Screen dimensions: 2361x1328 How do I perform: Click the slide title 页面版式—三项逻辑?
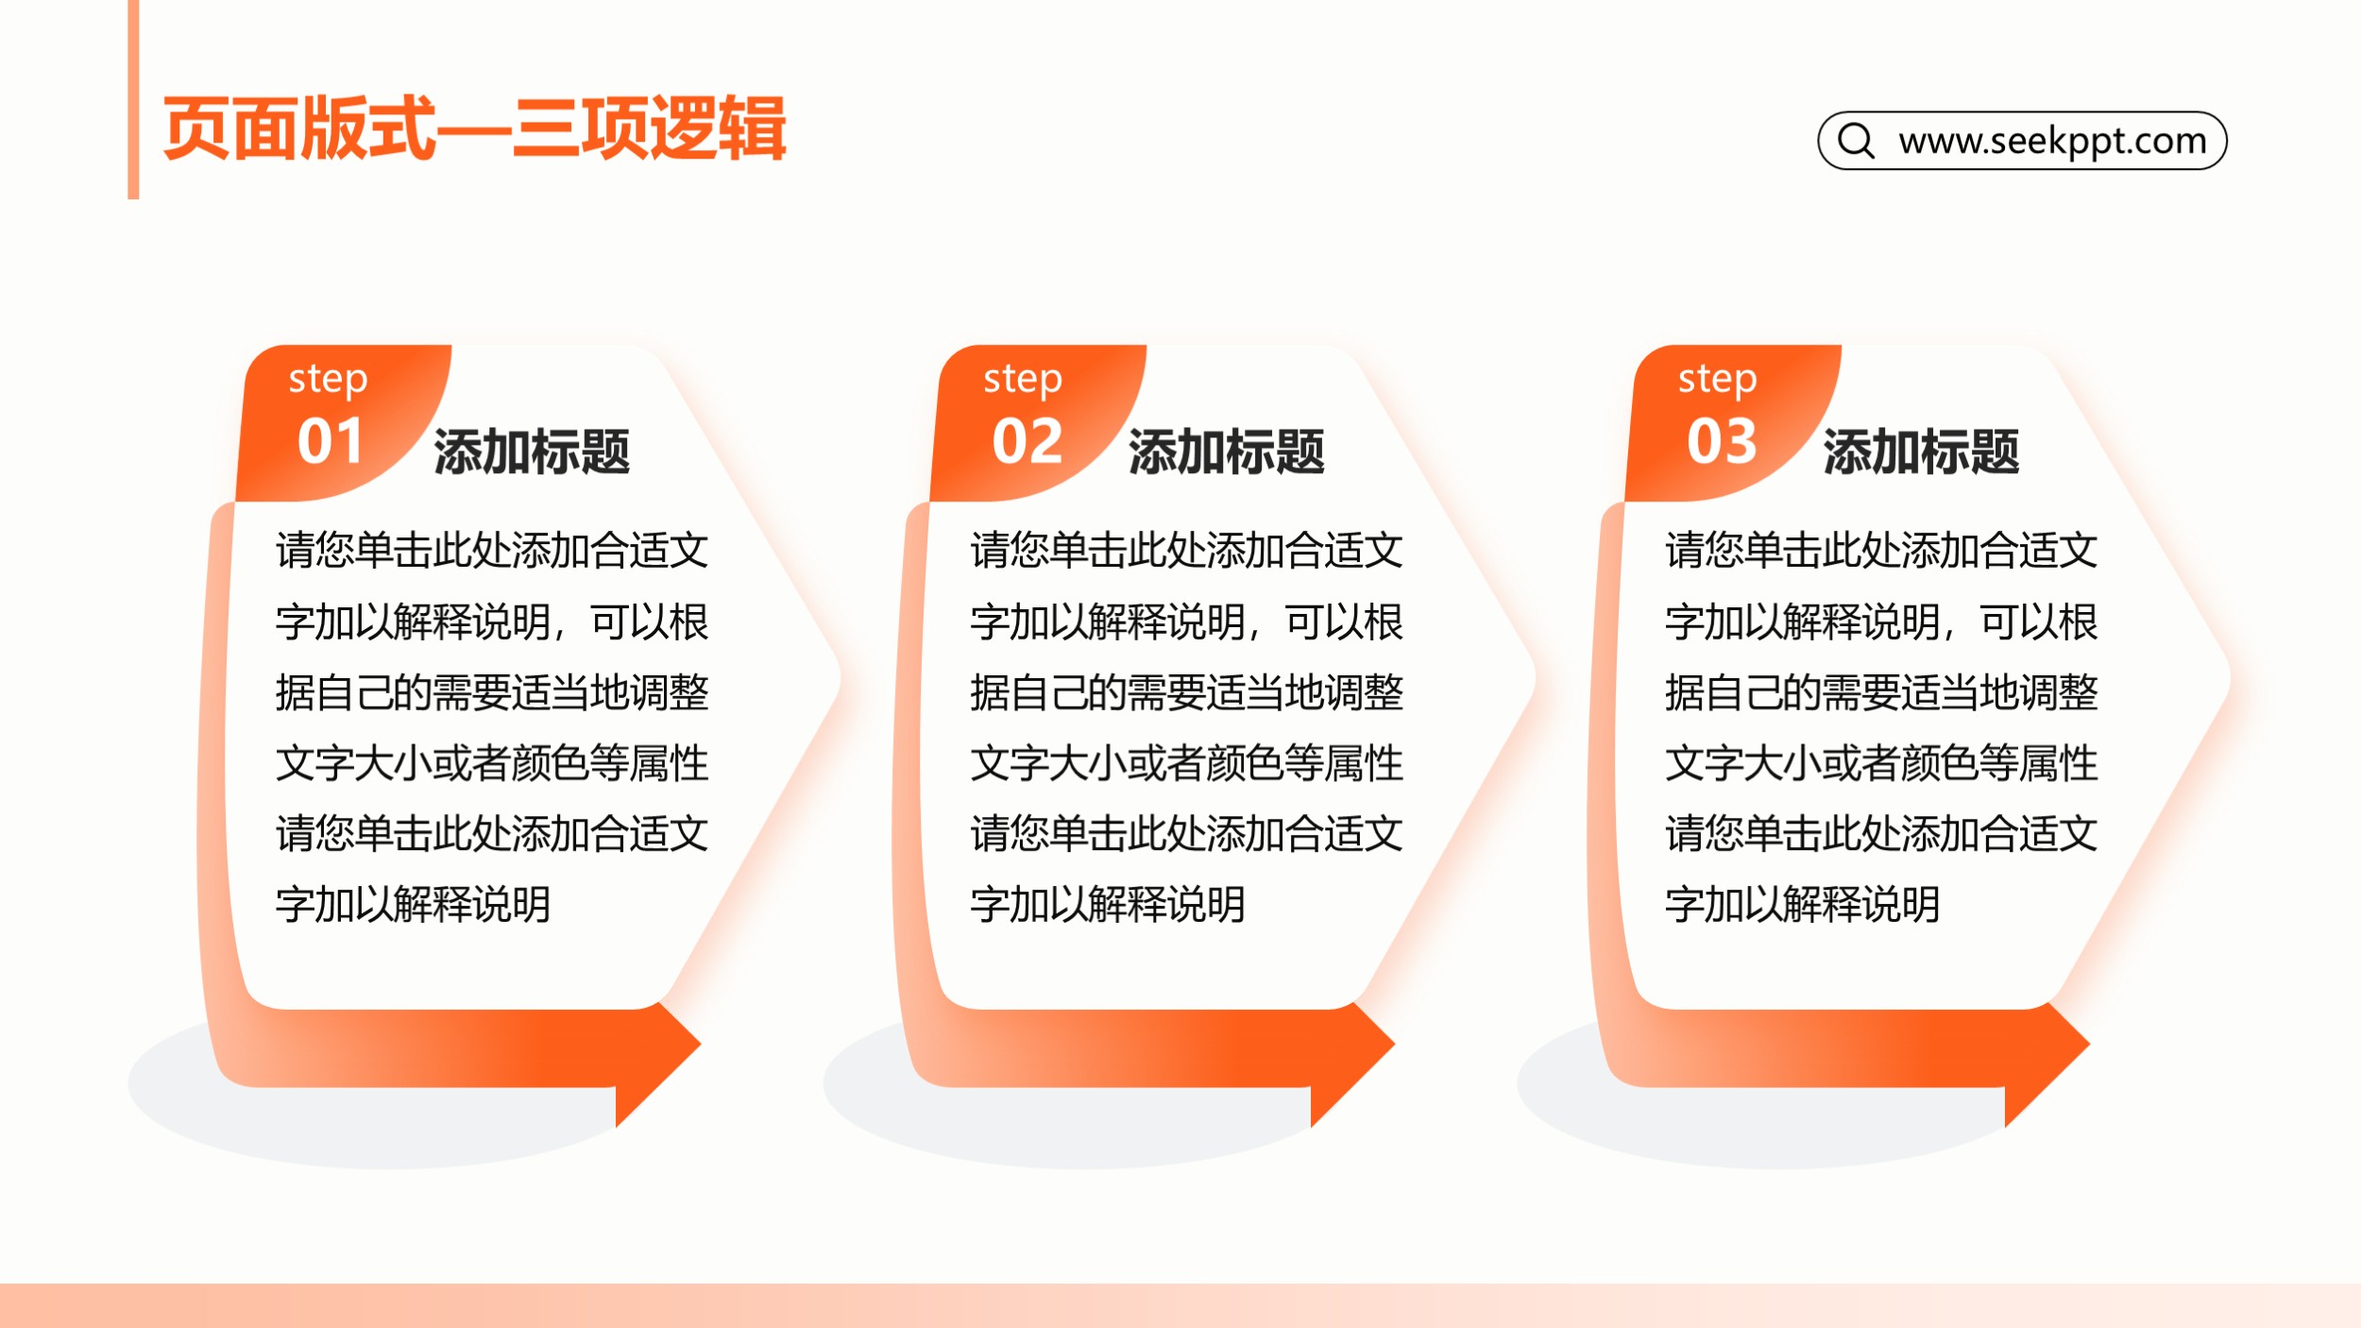coord(474,128)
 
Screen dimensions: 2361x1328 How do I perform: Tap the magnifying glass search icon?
coord(1856,141)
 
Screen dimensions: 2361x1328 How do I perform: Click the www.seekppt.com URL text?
coord(2052,142)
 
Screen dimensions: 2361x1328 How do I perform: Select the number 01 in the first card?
coord(330,441)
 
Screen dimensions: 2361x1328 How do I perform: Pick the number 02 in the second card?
coord(1027,441)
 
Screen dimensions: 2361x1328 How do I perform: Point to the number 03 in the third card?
coord(1722,441)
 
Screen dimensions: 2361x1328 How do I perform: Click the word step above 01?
coord(328,380)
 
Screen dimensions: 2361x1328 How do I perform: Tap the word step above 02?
coord(1023,380)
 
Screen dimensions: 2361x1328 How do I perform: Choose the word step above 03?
coord(1717,380)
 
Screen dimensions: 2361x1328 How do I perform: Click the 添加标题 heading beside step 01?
coord(532,451)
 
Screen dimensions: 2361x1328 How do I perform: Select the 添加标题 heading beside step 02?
coord(1227,451)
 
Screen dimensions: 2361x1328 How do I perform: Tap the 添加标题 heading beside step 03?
coord(1921,451)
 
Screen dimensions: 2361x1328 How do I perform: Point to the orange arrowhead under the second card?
coord(1351,1065)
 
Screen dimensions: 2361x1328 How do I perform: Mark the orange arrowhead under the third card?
coord(2047,1065)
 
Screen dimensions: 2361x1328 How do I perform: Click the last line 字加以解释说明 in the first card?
coord(414,905)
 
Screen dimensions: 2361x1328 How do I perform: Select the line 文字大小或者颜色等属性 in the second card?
coord(1187,763)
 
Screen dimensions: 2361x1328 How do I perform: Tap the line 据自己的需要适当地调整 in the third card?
coord(1881,692)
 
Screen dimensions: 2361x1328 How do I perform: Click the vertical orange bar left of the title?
coord(133,99)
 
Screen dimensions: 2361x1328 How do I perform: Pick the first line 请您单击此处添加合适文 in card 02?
coord(1187,551)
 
